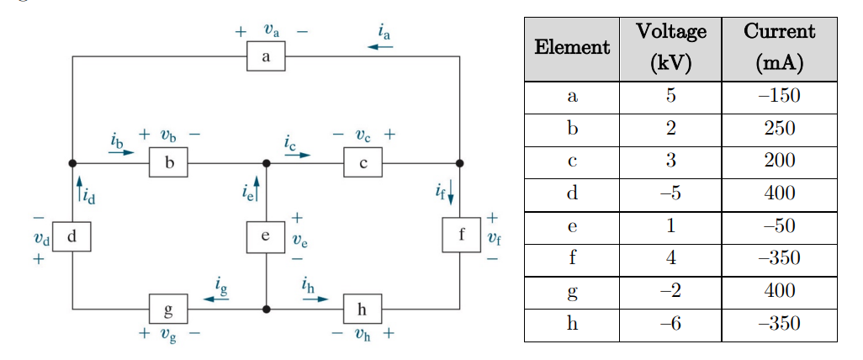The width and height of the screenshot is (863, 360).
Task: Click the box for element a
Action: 266,57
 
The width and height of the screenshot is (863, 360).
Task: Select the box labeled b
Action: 168,163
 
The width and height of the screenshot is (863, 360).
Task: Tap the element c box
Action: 363,163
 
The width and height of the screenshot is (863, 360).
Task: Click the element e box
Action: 266,237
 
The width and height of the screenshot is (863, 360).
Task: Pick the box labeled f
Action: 461,235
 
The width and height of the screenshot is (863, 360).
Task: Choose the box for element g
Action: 168,310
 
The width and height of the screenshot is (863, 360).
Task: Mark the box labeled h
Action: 363,310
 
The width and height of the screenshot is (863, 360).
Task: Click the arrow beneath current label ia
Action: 380,47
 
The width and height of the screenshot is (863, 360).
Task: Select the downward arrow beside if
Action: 452,192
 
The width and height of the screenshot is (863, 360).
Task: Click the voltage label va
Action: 271,30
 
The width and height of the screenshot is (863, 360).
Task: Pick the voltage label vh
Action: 362,334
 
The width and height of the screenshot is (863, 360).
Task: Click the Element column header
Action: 572,48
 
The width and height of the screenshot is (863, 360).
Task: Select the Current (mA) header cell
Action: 779,48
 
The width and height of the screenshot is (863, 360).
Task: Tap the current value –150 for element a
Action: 779,97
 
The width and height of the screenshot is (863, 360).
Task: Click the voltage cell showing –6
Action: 670,325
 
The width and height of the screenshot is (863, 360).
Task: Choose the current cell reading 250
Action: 779,130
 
